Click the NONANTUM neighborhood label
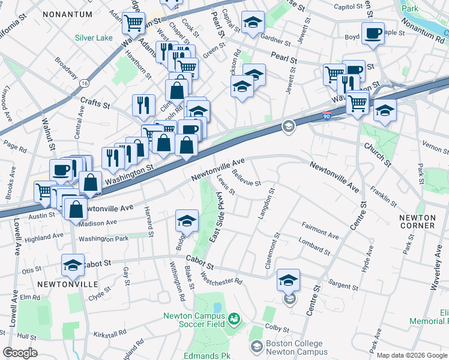click(x=67, y=14)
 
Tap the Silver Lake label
click(x=94, y=38)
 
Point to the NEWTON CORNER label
click(x=417, y=221)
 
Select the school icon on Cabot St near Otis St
click(x=73, y=265)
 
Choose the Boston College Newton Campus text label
click(x=295, y=347)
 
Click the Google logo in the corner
click(x=20, y=353)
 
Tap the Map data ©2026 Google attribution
click(x=412, y=355)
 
